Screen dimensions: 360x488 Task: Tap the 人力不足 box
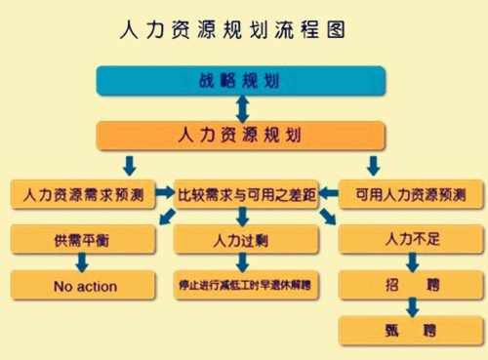click(x=409, y=239)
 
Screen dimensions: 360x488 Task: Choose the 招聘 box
click(x=409, y=286)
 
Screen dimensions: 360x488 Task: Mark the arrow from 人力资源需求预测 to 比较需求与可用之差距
click(x=162, y=195)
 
